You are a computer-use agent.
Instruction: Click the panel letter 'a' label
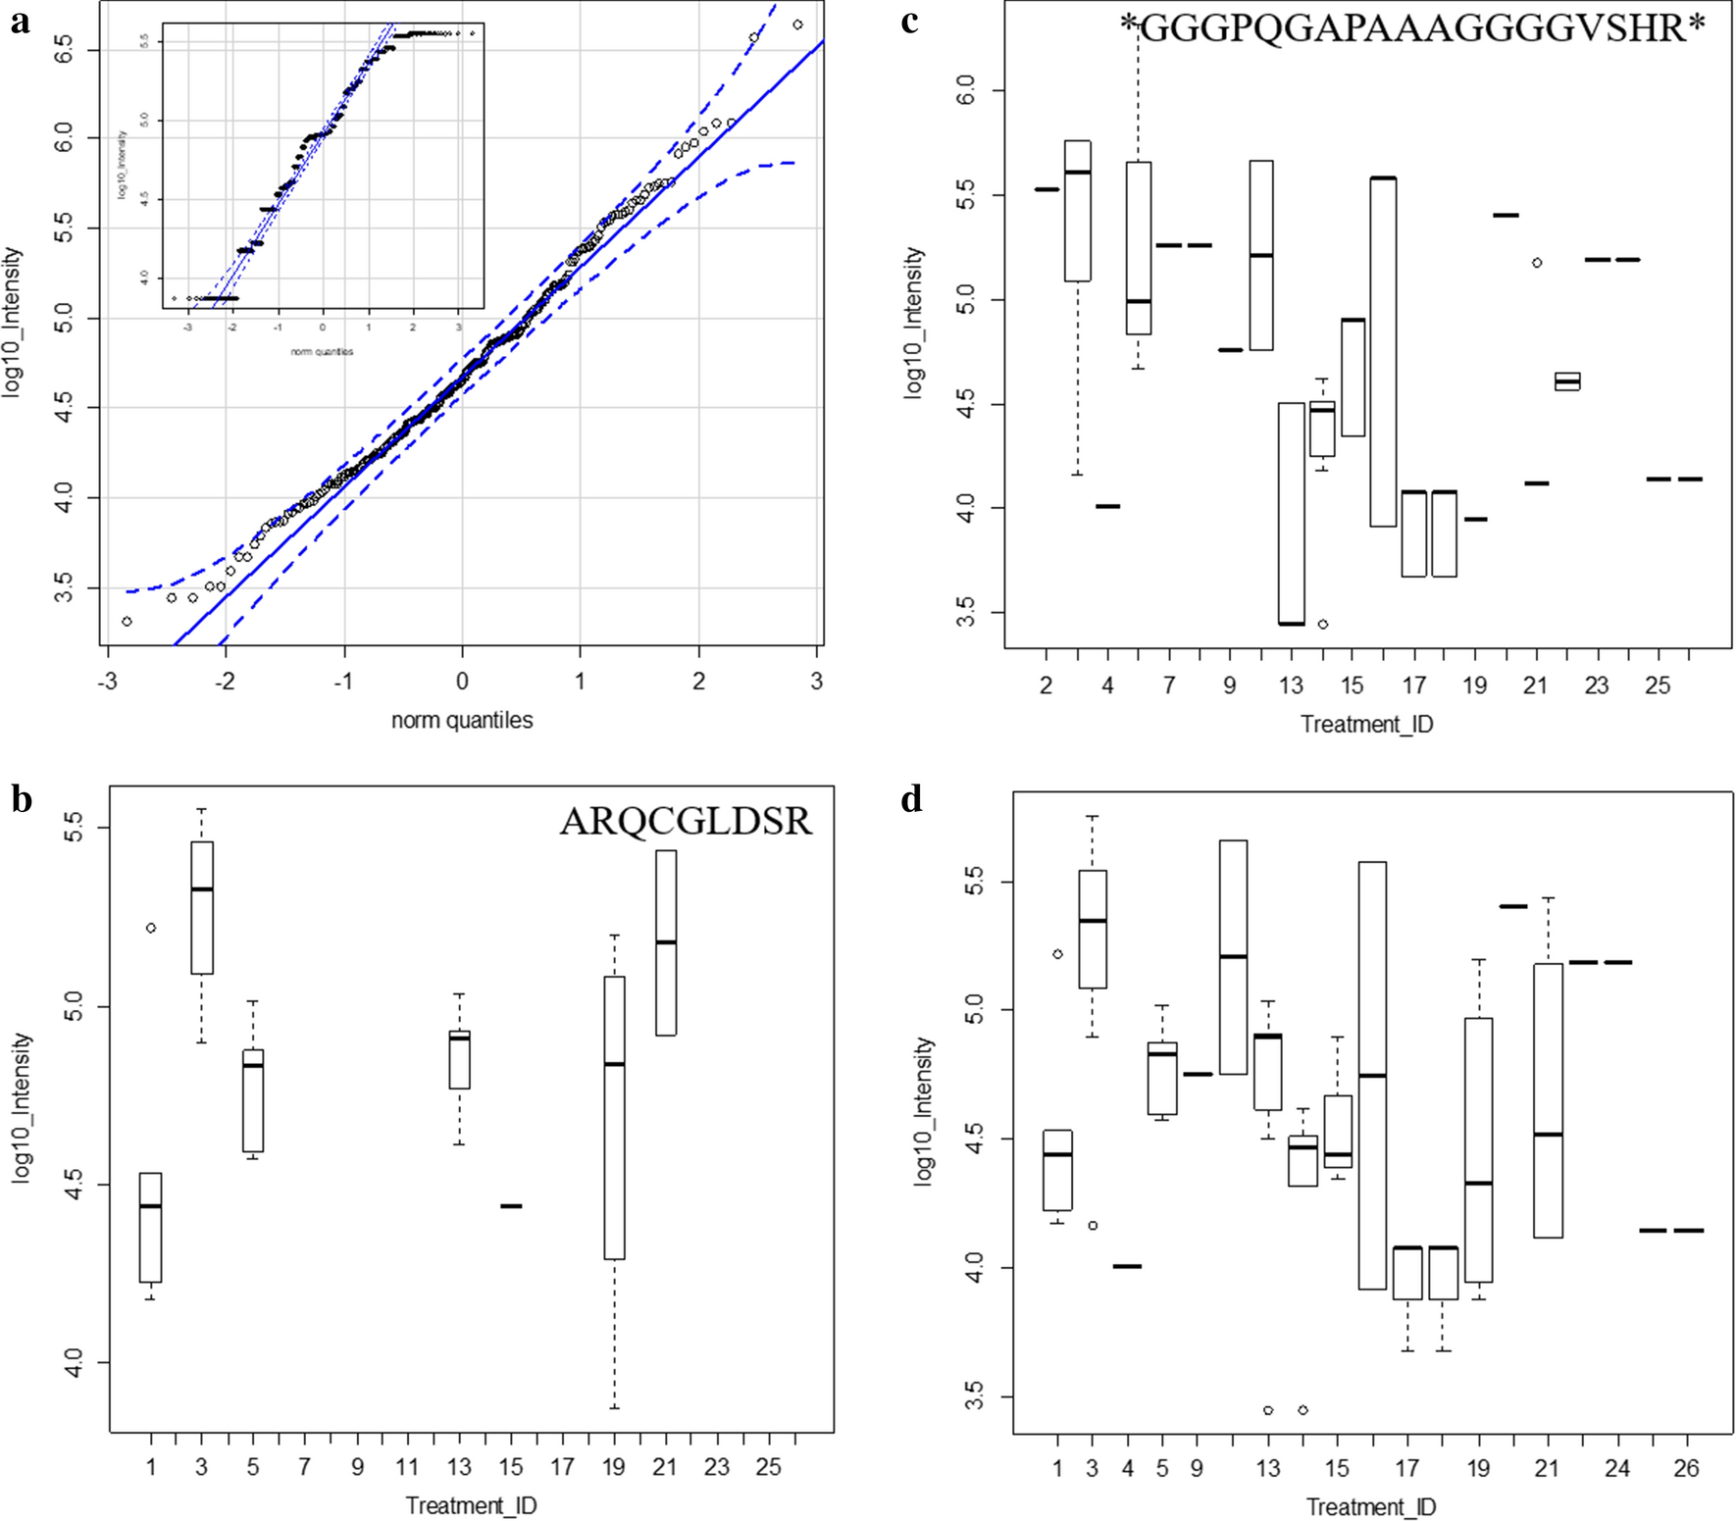[20, 22]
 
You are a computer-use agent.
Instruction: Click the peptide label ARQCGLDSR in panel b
[686, 822]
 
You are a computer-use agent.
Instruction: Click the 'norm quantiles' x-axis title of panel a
[462, 720]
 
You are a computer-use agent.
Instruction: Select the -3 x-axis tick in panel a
[107, 681]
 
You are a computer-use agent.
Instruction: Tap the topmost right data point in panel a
[797, 25]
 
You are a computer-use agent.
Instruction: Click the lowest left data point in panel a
[127, 622]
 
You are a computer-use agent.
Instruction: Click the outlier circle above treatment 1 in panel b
[151, 928]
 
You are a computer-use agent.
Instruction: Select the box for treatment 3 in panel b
[202, 907]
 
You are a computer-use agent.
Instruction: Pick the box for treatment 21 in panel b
[665, 941]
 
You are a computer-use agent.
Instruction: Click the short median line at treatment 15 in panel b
[511, 1206]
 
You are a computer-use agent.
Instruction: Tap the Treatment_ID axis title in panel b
[471, 1505]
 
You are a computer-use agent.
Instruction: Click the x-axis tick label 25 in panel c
[1657, 685]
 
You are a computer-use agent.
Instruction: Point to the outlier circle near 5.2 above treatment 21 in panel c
[1537, 263]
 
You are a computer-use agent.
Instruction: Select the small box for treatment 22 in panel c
[1567, 381]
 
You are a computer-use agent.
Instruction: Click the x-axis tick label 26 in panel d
[1686, 1468]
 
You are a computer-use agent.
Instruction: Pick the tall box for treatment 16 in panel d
[1371, 1075]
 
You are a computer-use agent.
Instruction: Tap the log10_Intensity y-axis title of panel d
[923, 1113]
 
